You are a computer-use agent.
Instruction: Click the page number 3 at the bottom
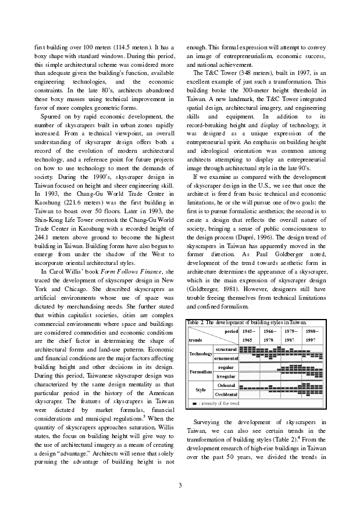point(180,485)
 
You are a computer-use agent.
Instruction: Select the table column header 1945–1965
point(249,335)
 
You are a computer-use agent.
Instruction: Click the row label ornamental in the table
point(225,359)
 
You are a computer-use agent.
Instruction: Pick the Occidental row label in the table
point(226,395)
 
